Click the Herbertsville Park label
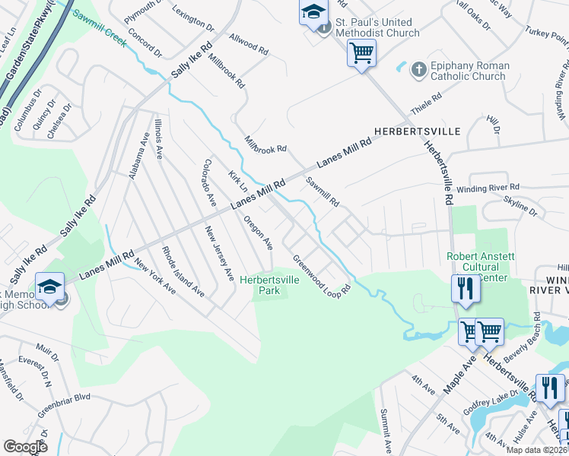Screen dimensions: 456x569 pyautogui.click(x=270, y=285)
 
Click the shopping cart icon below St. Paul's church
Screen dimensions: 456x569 pyautogui.click(x=361, y=53)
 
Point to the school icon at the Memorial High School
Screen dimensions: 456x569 pyautogui.click(x=49, y=287)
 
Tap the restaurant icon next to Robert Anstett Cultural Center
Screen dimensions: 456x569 pyautogui.click(x=464, y=288)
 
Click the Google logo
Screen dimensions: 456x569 pyautogui.click(x=25, y=447)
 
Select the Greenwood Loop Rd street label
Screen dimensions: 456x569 pyautogui.click(x=322, y=274)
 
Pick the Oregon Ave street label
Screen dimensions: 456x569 pyautogui.click(x=258, y=233)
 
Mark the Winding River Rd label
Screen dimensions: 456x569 pyautogui.click(x=493, y=186)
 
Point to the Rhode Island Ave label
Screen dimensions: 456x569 pyautogui.click(x=171, y=271)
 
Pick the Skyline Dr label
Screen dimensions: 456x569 pyautogui.click(x=520, y=205)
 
